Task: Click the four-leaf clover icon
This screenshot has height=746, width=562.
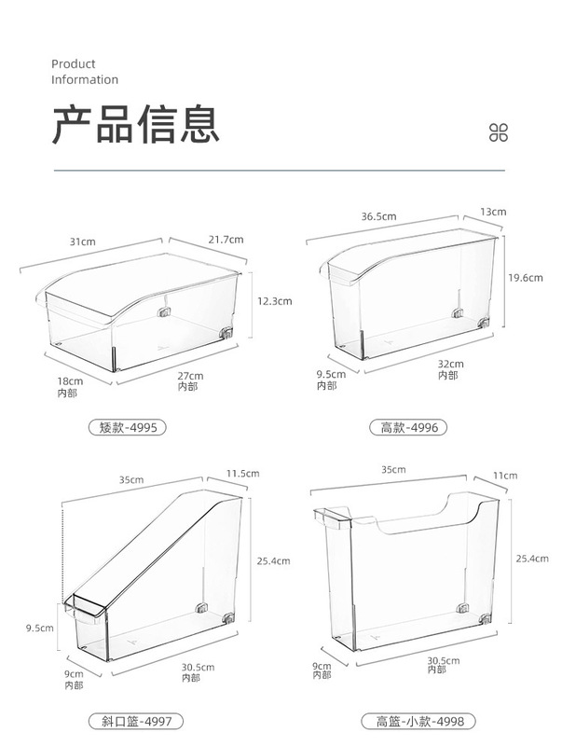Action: tap(500, 132)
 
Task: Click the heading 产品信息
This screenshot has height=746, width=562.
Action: tap(135, 124)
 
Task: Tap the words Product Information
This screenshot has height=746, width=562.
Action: tap(85, 72)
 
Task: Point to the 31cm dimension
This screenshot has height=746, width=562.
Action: tap(82, 242)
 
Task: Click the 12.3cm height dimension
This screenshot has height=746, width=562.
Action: tap(274, 300)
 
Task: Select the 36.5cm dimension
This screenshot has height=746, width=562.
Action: tap(378, 216)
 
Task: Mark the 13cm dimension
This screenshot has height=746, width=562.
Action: tap(493, 212)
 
